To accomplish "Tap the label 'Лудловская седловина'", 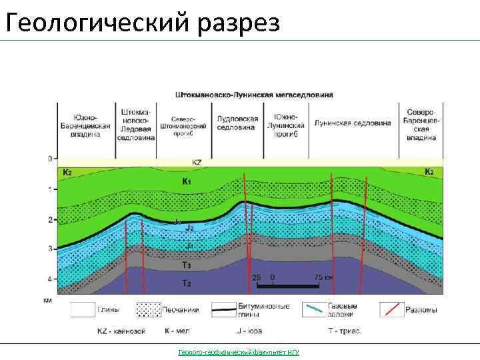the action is point(238,122).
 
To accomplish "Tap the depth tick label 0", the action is point(49,159).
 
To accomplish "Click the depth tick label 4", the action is point(49,279).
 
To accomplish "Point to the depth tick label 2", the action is point(49,219).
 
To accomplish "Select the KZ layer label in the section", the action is point(197,162).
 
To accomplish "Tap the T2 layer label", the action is point(187,283).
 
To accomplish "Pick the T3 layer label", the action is point(187,265).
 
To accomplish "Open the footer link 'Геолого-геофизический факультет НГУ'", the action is point(239,352).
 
